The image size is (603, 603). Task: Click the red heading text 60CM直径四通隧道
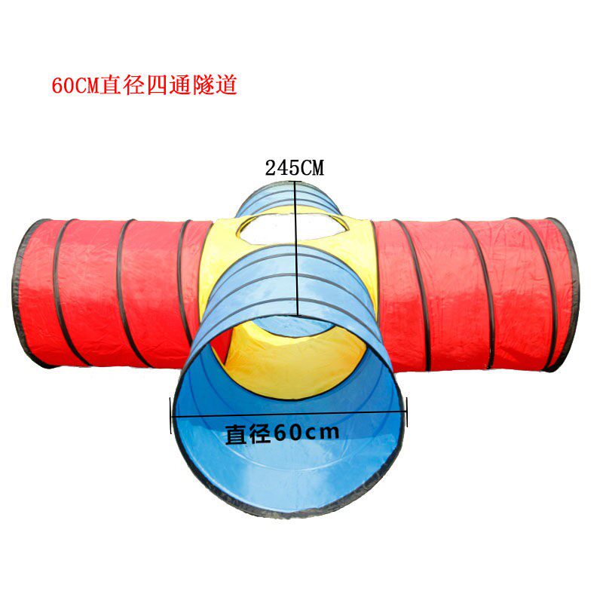pyautogui.click(x=144, y=84)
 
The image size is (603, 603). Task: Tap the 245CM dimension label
pyautogui.click(x=294, y=168)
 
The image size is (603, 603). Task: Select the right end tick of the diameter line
pyautogui.click(x=407, y=412)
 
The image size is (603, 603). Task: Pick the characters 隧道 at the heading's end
pyautogui.click(x=218, y=84)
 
